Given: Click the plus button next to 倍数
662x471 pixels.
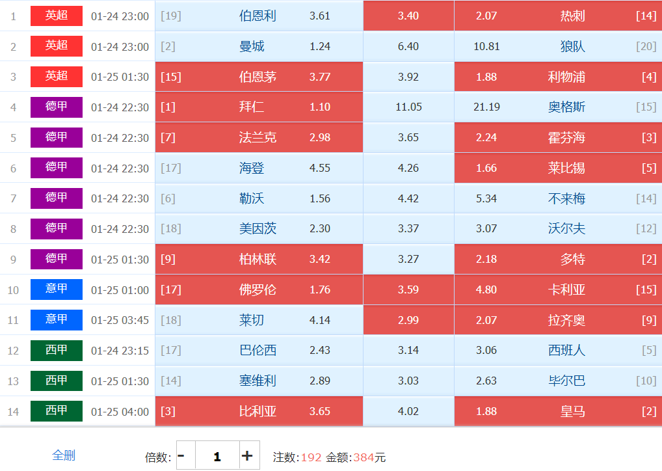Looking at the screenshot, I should pyautogui.click(x=247, y=455).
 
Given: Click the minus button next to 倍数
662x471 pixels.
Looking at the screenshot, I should pyautogui.click(x=181, y=455).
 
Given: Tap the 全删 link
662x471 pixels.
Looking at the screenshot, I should pyautogui.click(x=64, y=455).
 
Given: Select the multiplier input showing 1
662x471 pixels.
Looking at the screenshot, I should pyautogui.click(x=217, y=456).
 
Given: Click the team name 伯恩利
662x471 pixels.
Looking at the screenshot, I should pyautogui.click(x=258, y=16).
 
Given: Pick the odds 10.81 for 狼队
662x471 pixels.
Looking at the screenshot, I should pyautogui.click(x=486, y=47).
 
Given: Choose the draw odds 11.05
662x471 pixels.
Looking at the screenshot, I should pyautogui.click(x=408, y=107).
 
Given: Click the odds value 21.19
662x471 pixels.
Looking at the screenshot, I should pyautogui.click(x=486, y=107).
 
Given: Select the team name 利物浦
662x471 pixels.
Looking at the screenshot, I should pyautogui.click(x=566, y=77).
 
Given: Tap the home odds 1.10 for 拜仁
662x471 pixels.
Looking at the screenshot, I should pyautogui.click(x=320, y=107).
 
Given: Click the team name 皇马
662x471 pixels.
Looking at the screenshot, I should pyautogui.click(x=573, y=411).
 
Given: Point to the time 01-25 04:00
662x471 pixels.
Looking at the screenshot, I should pyautogui.click(x=120, y=412).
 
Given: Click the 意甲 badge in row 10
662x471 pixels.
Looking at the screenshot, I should pyautogui.click(x=57, y=289).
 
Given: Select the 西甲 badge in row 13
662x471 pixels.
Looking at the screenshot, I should pyautogui.click(x=57, y=380).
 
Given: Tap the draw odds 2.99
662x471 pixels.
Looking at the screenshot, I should pyautogui.click(x=408, y=320).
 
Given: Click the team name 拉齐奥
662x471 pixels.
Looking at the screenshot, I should pyautogui.click(x=566, y=320).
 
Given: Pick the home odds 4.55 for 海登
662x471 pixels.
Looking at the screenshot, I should pyautogui.click(x=320, y=168).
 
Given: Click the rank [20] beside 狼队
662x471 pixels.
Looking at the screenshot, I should pyautogui.click(x=646, y=47).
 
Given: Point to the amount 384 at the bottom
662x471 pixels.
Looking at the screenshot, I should pyautogui.click(x=363, y=457).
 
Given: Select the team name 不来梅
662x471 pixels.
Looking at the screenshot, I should pyautogui.click(x=566, y=198).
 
